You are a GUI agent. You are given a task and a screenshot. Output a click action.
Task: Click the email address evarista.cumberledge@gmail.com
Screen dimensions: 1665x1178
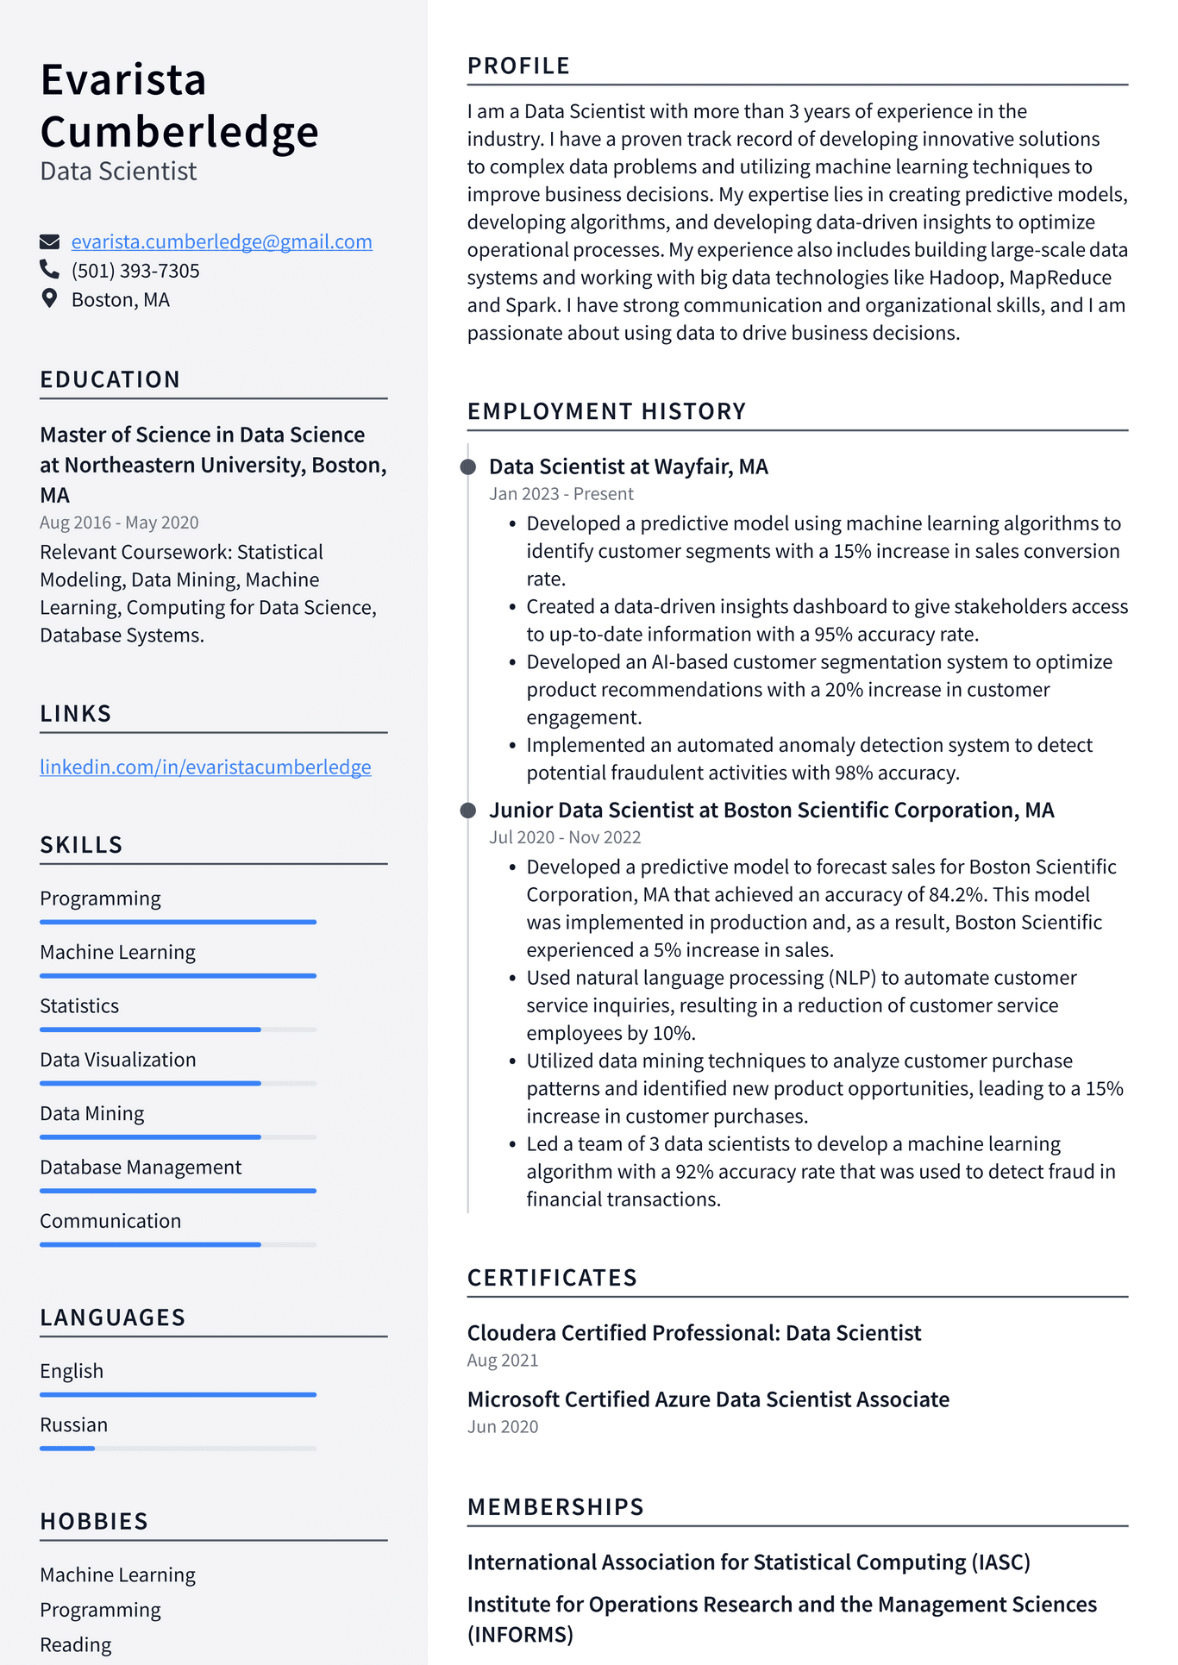click(222, 242)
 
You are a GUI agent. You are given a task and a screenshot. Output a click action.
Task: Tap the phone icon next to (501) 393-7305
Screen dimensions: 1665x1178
click(49, 270)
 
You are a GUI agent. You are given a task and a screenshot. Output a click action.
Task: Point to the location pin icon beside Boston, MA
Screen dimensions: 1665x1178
click(49, 299)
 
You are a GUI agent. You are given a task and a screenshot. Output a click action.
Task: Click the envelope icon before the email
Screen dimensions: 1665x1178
click(49, 241)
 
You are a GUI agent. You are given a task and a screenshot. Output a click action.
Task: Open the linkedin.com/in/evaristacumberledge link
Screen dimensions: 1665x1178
click(205, 767)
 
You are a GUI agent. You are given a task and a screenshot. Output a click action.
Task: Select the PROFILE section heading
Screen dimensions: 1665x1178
click(518, 66)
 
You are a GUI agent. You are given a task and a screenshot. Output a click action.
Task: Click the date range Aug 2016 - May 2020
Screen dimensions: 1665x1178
click(119, 523)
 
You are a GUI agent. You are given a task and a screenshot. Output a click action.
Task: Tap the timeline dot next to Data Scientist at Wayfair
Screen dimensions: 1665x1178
click(468, 467)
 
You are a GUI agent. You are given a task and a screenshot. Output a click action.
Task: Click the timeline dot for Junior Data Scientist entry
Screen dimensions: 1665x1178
click(468, 811)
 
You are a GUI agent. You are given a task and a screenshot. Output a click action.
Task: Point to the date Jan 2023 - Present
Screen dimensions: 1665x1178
click(561, 494)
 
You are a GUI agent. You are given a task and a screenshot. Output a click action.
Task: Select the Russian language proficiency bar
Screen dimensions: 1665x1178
click(178, 1449)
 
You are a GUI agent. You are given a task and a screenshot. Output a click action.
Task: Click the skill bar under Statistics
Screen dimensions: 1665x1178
click(178, 1030)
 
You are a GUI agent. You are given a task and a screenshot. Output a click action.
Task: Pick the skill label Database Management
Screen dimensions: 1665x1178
click(141, 1167)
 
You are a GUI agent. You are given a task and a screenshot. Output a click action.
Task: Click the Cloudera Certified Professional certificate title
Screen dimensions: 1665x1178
click(693, 1333)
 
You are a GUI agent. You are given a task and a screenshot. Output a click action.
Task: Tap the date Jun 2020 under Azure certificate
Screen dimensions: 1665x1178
click(502, 1427)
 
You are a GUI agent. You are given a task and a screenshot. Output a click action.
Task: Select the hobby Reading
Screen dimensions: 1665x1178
click(76, 1645)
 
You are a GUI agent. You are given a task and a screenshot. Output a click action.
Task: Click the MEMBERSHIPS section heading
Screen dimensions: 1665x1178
click(555, 1507)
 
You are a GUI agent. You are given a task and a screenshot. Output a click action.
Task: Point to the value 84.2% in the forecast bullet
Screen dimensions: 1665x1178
click(956, 895)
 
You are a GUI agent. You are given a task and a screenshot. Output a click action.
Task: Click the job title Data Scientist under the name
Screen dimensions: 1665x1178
click(118, 172)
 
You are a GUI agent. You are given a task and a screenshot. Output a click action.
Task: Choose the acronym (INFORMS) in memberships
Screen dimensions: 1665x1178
click(520, 1635)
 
